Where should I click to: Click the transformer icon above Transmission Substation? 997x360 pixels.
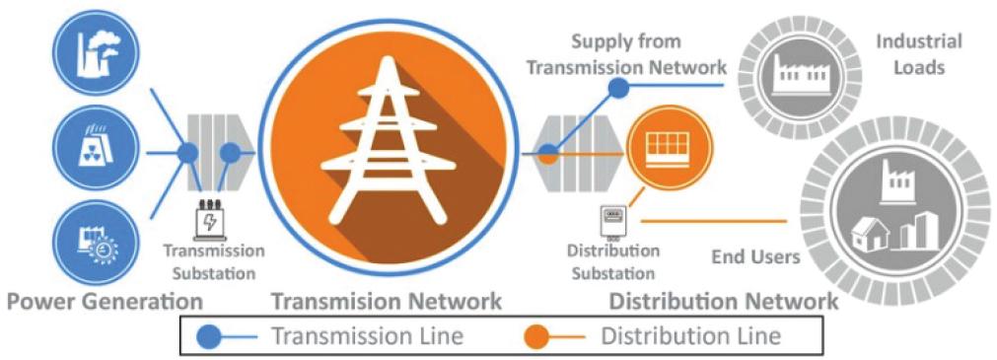208,218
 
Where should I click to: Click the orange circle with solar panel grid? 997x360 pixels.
667,148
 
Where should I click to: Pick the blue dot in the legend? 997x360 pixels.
212,335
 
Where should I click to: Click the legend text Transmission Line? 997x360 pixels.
368,335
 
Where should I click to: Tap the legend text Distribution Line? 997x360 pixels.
691,335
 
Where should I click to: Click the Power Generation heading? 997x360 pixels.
105,301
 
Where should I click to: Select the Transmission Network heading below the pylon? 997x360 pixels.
388,301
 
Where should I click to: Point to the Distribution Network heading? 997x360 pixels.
724,301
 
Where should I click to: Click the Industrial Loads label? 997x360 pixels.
919,54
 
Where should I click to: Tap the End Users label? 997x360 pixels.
755,257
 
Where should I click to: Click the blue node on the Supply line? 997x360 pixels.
618,88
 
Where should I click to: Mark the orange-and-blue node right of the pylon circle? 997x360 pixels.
547,154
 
